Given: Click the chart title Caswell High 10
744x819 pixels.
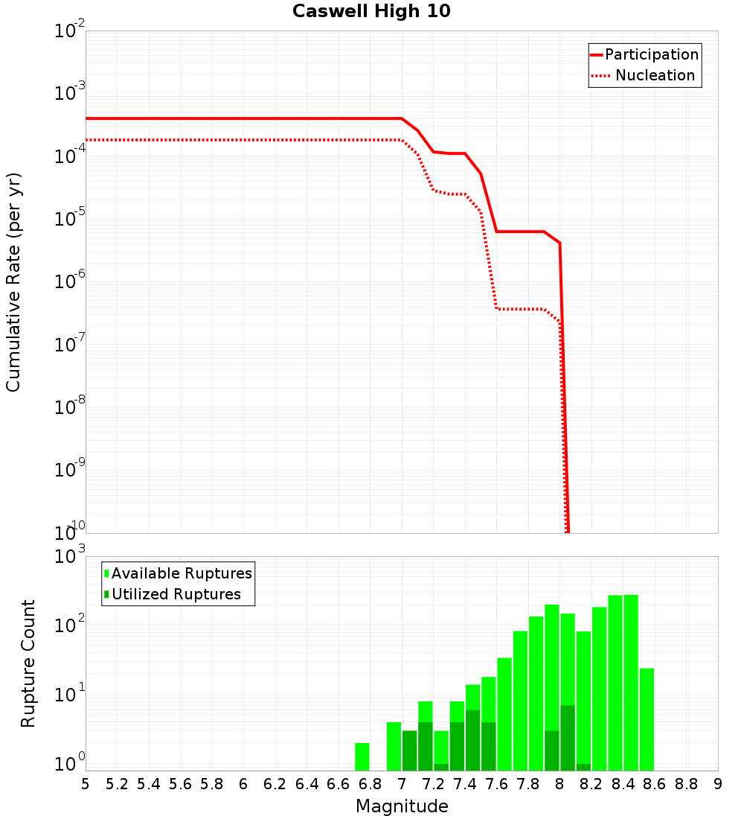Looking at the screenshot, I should pos(371,11).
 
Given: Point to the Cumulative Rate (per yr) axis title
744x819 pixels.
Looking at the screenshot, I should pos(13,281).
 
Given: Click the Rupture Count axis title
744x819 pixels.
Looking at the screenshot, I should pos(28,663).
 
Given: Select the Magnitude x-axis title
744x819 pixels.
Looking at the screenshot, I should pos(402,806).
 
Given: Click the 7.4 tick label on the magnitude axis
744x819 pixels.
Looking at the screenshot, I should pos(465,783).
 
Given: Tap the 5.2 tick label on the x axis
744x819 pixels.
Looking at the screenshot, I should pos(117,783).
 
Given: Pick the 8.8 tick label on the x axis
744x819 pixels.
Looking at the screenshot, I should pos(686,783).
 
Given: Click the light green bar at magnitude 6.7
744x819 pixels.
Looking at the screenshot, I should pos(362,756).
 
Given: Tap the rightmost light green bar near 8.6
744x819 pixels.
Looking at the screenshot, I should pos(647,719).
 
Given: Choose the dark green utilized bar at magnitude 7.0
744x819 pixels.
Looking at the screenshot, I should pos(410,751).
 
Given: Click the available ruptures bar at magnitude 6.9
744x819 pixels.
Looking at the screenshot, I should pos(394,746).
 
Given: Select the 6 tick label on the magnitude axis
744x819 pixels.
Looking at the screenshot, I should pos(243,783).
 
